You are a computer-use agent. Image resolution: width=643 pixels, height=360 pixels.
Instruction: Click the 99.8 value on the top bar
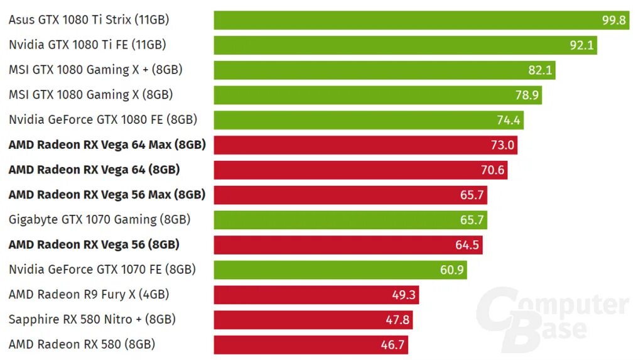click(614, 20)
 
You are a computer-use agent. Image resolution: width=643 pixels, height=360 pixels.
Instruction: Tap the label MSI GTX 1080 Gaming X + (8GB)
click(95, 70)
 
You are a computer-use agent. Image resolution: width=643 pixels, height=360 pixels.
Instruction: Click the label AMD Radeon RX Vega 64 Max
click(107, 145)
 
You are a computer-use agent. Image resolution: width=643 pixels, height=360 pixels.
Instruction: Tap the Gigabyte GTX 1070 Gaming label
click(99, 219)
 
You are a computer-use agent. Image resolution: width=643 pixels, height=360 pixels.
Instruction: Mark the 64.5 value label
click(467, 244)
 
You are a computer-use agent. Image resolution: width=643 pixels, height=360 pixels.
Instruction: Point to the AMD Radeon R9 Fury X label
click(89, 294)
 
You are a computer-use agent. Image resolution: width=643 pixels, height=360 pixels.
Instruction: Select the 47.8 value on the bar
click(397, 319)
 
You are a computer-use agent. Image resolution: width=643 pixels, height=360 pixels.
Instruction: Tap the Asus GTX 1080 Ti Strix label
click(89, 20)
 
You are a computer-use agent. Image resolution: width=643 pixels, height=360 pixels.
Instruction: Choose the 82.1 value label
click(540, 70)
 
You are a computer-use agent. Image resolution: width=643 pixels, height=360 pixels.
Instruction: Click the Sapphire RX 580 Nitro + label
click(92, 319)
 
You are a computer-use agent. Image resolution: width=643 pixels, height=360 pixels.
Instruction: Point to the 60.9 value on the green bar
click(452, 270)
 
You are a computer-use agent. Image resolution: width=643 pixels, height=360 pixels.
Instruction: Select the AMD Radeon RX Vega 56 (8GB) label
click(94, 244)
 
